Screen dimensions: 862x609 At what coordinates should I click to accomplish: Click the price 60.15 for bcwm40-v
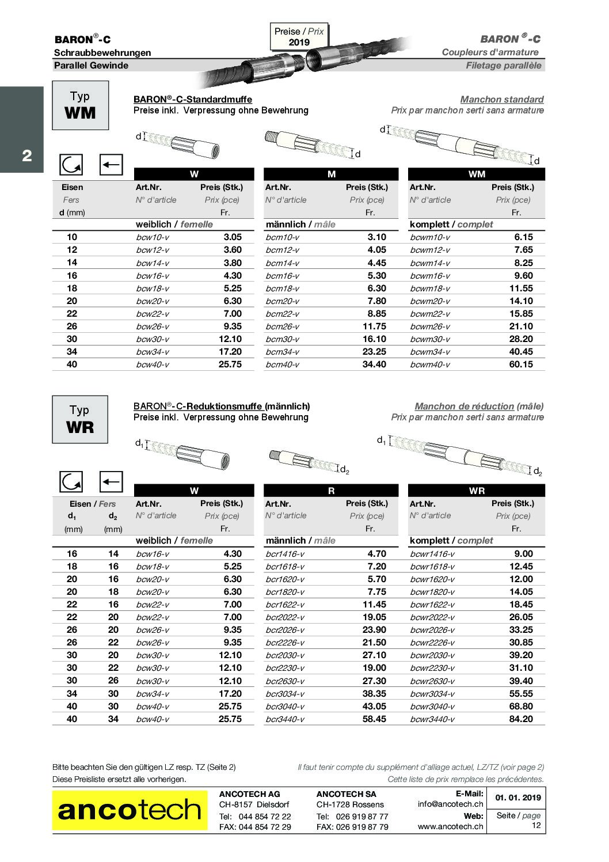pos(521,364)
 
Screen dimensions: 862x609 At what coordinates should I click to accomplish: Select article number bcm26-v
pos(282,326)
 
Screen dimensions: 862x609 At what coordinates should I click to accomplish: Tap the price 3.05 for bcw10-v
pos(233,237)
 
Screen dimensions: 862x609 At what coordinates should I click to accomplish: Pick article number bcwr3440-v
pos(432,719)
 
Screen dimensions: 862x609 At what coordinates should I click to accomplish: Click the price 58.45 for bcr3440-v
pos(374,719)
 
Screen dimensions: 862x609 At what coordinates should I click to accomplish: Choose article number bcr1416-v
pos(285,554)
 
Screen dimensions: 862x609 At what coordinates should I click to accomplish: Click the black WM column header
pos(476,174)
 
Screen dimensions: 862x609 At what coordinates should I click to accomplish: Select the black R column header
pos(331,491)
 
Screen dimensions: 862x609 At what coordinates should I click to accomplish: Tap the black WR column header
pos(476,491)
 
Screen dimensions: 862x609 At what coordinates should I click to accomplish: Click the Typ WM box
pos(80,105)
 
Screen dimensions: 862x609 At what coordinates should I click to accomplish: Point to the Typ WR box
pos(80,419)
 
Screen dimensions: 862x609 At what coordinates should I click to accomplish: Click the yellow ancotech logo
pos(130,810)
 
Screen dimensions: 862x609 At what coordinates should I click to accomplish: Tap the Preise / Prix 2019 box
pos(299,37)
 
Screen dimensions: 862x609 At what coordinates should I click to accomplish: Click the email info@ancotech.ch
pos(450,804)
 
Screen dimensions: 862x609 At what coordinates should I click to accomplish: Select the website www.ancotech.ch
pos(450,826)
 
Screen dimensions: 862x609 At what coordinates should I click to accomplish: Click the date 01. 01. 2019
pos(517,798)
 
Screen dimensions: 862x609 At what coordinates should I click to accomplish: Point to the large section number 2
pos(26,155)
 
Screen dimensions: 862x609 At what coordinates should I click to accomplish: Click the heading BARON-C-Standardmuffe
pos(192,100)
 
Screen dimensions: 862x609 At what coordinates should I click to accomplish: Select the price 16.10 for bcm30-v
pos(374,339)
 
